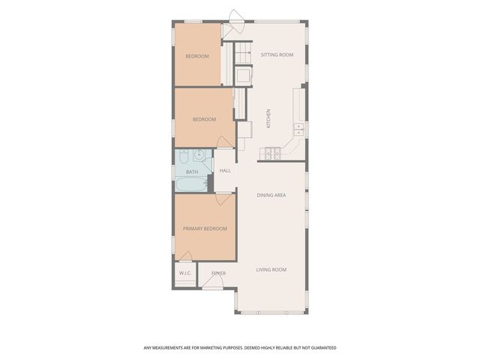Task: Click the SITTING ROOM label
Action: click(277, 55)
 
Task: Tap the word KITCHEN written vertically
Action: click(268, 118)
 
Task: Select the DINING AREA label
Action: click(271, 195)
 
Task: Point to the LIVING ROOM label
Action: click(271, 269)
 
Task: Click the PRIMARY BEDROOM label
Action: click(205, 229)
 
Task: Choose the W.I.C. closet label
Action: click(185, 273)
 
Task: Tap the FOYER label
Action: click(218, 273)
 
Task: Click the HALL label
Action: click(225, 171)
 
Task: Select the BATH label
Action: click(192, 172)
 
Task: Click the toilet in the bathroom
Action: click(183, 157)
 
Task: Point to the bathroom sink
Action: click(199, 156)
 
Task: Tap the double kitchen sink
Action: click(298, 128)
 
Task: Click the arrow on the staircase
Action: click(246, 53)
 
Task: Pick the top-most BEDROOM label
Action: click(197, 56)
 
